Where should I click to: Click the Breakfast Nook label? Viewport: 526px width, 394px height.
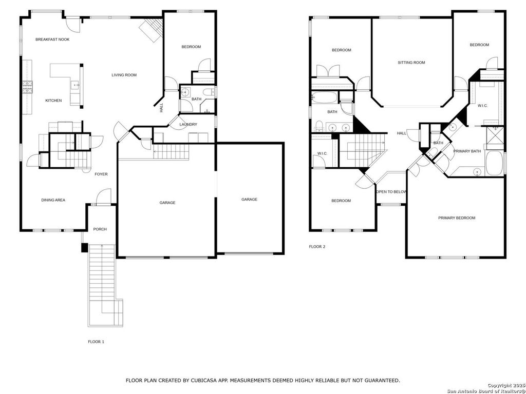(52, 40)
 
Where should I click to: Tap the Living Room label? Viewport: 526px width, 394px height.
(124, 75)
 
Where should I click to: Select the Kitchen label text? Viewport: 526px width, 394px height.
(53, 101)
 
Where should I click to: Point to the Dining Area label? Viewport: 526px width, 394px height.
(53, 200)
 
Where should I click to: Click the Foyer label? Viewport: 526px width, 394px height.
(101, 174)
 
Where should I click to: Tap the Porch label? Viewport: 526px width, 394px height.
(100, 229)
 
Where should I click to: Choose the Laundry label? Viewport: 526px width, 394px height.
(188, 125)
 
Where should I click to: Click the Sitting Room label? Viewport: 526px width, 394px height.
(411, 63)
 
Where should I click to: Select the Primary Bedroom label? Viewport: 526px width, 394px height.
(457, 218)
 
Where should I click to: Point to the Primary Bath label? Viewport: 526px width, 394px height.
(467, 151)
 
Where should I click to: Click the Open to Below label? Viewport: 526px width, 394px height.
(391, 192)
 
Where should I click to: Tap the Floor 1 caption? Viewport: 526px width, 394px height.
(96, 342)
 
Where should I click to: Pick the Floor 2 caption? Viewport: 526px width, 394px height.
(317, 247)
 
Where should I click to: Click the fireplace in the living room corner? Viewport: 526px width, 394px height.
(152, 30)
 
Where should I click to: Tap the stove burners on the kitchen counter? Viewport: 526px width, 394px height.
(27, 87)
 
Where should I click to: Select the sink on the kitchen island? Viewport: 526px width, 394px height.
(75, 85)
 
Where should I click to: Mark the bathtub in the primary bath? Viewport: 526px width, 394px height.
(495, 163)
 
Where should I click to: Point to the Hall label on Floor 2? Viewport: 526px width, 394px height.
(402, 133)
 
